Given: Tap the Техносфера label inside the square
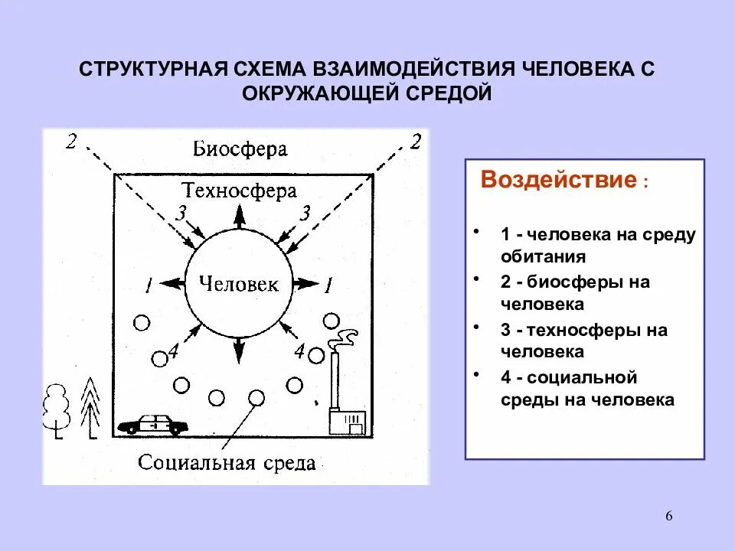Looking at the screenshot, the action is (239, 191).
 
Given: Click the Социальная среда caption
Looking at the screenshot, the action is (227, 462).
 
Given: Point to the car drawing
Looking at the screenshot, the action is (154, 423).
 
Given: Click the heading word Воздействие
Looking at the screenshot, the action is (558, 181).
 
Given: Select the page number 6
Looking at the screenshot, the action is (668, 516).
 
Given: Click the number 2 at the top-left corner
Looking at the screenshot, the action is (71, 142).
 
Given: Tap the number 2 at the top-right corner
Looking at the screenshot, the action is (416, 142).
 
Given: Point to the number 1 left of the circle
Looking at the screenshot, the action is (148, 286).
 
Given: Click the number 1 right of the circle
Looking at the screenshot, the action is (328, 286).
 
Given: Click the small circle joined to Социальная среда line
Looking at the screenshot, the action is (256, 397).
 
